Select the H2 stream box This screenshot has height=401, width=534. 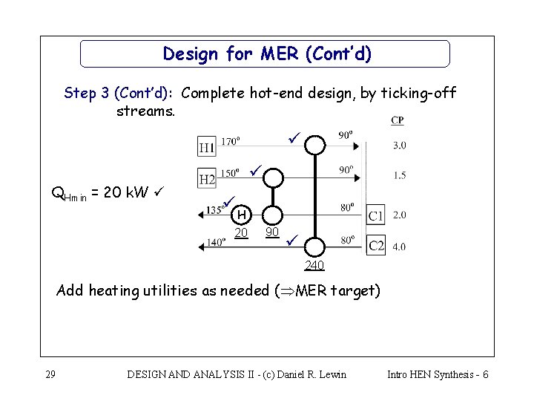click(x=208, y=178)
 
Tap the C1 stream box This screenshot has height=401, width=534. click(x=376, y=215)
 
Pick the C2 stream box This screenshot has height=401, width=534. click(x=376, y=244)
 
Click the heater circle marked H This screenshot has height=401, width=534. click(x=240, y=215)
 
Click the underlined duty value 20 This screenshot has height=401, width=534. click(x=241, y=233)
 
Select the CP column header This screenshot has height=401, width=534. click(x=398, y=121)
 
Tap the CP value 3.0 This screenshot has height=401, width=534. click(x=399, y=145)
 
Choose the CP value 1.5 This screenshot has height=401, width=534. click(x=399, y=175)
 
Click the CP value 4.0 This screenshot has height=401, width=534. click(x=399, y=247)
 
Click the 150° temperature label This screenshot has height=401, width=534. click(x=230, y=172)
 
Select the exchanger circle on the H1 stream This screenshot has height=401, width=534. click(x=317, y=142)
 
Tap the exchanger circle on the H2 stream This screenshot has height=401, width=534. click(x=274, y=177)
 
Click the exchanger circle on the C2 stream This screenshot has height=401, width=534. click(x=316, y=246)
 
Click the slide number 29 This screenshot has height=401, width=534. click(x=50, y=374)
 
